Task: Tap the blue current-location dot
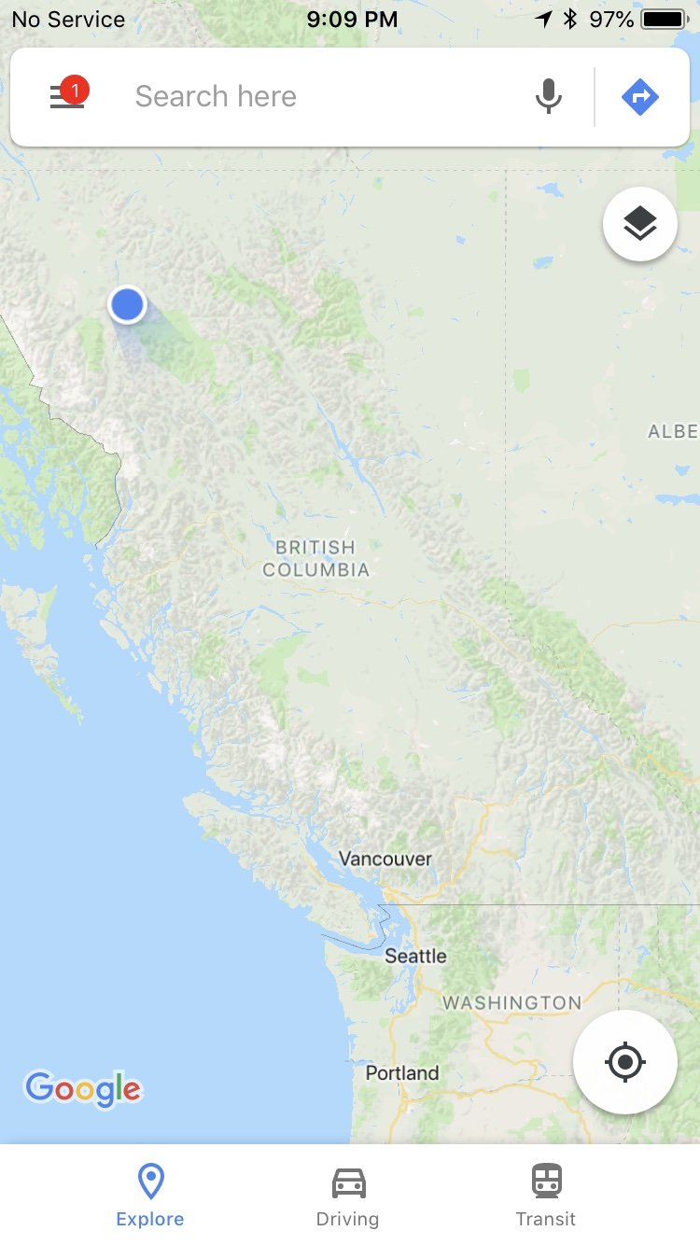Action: [x=127, y=304]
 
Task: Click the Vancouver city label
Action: [x=385, y=859]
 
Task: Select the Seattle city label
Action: [x=415, y=956]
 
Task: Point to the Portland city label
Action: [x=402, y=1072]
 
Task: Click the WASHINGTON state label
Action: [x=511, y=1003]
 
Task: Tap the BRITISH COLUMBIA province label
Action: [x=315, y=558]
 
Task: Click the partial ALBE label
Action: [x=673, y=431]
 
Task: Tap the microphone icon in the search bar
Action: [x=549, y=96]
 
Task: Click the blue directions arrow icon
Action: [x=640, y=96]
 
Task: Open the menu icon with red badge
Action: [x=67, y=96]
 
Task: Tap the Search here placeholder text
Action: [x=216, y=96]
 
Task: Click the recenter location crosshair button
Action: [x=624, y=1062]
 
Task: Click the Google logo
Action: [x=83, y=1088]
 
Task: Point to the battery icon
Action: [x=665, y=19]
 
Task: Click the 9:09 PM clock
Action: [x=351, y=19]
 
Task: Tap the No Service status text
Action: [x=68, y=19]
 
